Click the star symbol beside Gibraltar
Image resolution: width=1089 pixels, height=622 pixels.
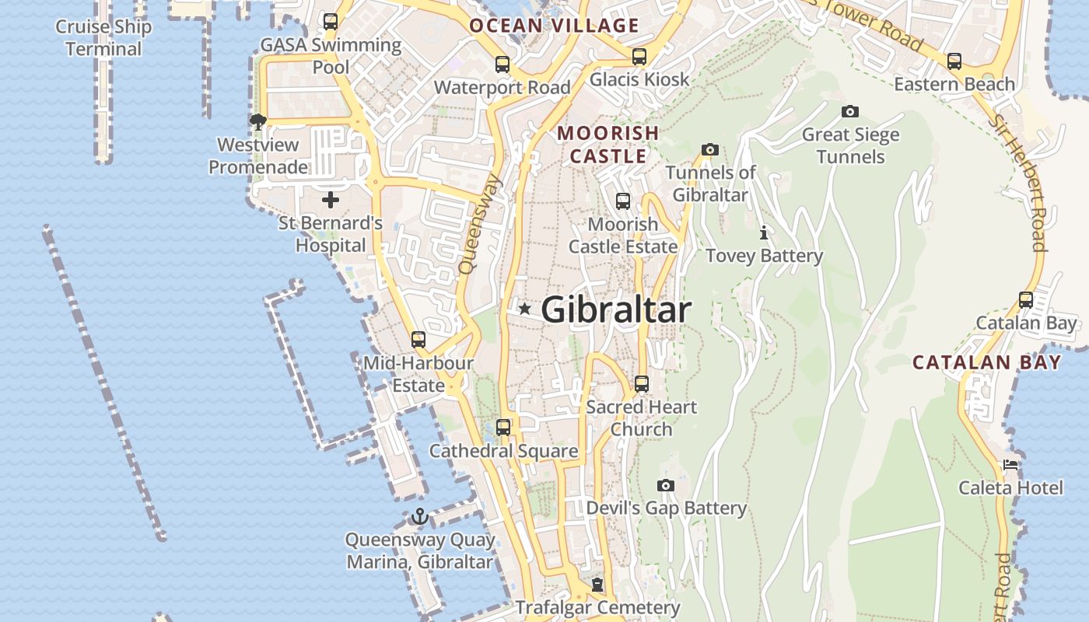525,309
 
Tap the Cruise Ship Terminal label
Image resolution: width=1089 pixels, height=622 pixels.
103,37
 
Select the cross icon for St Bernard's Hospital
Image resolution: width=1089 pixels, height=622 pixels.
331,200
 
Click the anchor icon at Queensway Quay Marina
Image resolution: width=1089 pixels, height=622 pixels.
420,516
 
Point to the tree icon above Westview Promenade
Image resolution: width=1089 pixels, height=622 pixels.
257,121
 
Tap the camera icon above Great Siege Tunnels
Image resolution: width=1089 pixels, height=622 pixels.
850,112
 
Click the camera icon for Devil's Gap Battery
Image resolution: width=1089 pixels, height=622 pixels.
666,486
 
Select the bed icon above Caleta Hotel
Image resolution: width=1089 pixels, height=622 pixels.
1010,466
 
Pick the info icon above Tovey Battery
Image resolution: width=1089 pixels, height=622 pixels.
764,232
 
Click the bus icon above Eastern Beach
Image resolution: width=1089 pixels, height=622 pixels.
954,61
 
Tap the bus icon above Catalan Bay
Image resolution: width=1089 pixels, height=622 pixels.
1026,299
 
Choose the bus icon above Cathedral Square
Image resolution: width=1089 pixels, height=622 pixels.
503,427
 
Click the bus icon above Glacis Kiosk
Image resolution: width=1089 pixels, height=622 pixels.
639,56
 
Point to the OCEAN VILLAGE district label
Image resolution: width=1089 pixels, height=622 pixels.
554,26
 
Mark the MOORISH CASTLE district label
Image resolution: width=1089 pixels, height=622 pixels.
608,145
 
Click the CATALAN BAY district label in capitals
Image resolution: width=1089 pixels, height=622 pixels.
986,362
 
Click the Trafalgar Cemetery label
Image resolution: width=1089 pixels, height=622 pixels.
598,607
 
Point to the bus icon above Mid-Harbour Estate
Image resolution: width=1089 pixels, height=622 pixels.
418,339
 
